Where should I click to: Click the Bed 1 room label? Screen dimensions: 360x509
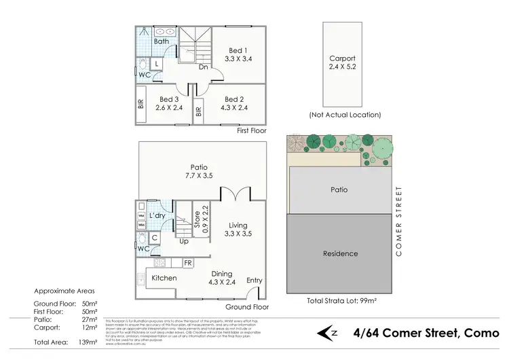coord(238,50)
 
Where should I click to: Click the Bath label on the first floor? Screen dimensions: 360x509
coord(162,41)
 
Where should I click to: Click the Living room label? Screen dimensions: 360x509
coord(238,226)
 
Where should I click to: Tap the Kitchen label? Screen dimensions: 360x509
coord(164,278)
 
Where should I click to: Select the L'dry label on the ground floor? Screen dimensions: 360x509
coord(157,215)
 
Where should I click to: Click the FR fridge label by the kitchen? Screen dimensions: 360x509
coord(187,263)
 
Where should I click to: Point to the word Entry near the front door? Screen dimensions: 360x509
coord(254,281)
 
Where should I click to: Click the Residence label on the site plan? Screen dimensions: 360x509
coord(340,253)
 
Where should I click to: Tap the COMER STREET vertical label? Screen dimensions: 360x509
coord(400,221)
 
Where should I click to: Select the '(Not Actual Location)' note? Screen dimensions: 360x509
coord(344,115)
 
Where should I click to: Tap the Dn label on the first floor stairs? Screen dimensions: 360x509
coord(202,67)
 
